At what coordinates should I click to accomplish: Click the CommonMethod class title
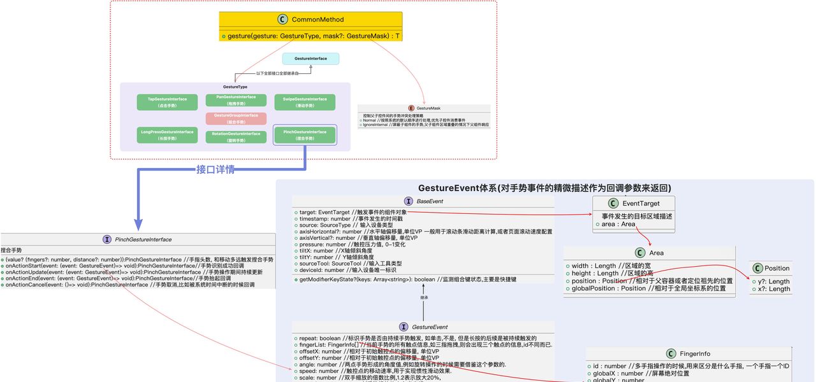[317, 20]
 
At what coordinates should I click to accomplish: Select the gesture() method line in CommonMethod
[310, 36]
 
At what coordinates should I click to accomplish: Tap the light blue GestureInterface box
[310, 59]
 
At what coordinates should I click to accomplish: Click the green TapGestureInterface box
[167, 102]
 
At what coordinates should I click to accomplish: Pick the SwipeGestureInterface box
[304, 102]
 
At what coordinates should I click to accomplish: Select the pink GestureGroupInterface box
[236, 118]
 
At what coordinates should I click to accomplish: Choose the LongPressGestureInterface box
[167, 135]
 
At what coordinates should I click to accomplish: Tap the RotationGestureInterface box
[236, 136]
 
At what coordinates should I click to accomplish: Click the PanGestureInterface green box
[236, 100]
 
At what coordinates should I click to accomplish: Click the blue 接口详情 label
[215, 170]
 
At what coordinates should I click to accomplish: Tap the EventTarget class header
[641, 203]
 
